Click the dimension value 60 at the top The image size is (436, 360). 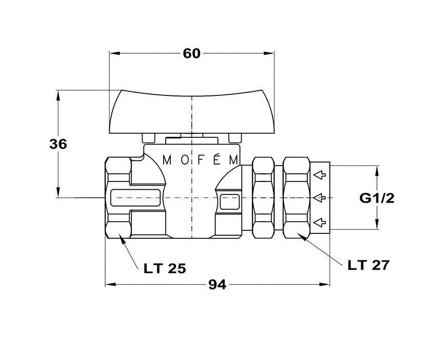pos(191,54)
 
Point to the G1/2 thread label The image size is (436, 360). pos(377,198)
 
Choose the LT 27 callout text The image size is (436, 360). pos(368,265)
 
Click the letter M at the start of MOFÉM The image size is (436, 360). pos(167,159)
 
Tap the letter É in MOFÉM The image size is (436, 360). pos(217,158)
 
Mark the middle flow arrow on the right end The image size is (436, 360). pos(320,197)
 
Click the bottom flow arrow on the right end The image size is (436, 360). pos(320,222)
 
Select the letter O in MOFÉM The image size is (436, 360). pos(184,159)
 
